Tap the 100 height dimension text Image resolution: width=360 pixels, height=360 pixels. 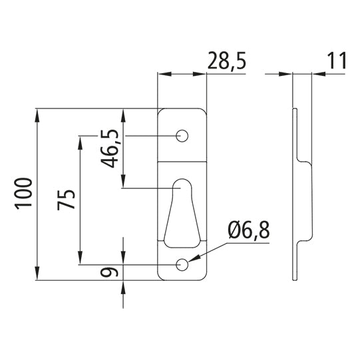click(25, 194)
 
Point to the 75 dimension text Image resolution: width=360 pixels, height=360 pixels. click(67, 200)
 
